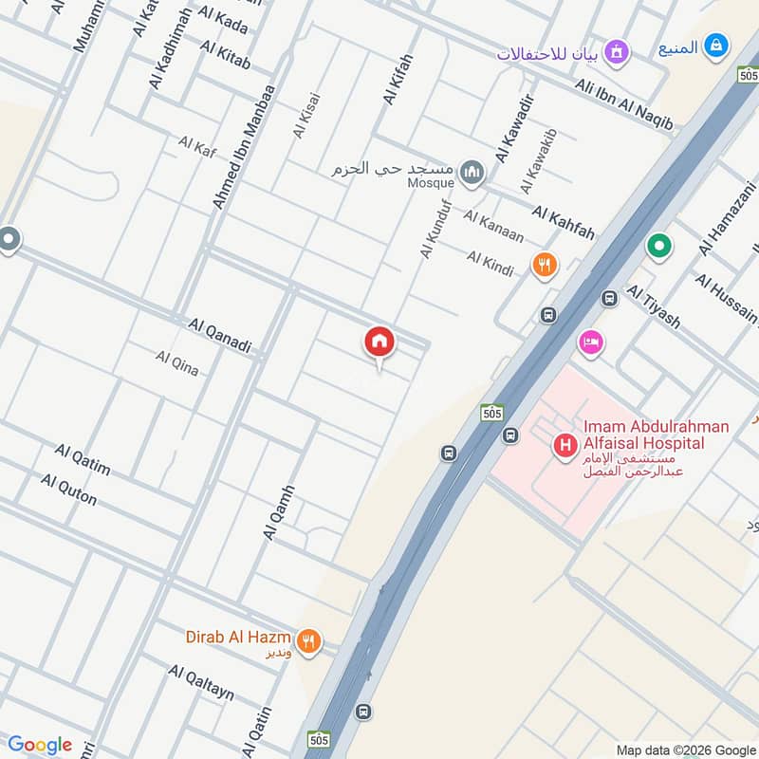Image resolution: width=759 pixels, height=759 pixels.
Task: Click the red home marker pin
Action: [x=379, y=342]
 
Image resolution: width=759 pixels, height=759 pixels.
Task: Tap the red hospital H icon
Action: [x=566, y=444]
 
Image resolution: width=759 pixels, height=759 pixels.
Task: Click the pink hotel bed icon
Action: [x=590, y=342]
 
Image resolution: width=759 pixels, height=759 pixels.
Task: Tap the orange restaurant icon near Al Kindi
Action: [x=545, y=265]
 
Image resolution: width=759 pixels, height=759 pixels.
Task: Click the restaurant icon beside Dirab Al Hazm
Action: [x=307, y=642]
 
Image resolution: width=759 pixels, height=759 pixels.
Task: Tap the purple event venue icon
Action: [x=618, y=50]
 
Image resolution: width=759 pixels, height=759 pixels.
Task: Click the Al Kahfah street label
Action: [x=563, y=223]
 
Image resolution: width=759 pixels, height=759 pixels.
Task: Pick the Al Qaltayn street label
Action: [x=201, y=682]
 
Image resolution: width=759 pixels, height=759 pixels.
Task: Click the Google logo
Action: [x=40, y=745]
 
